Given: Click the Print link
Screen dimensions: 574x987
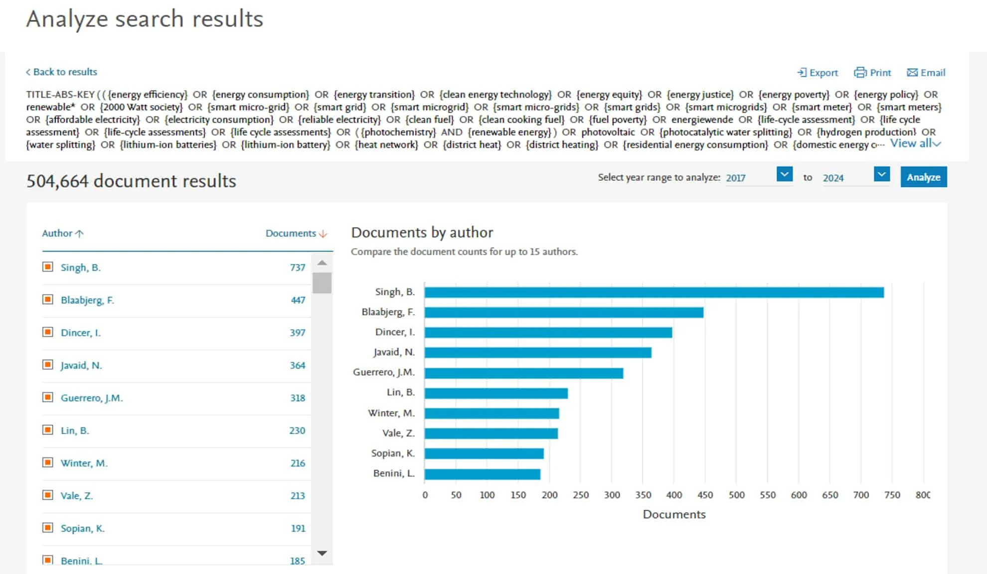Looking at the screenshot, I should click(x=873, y=73).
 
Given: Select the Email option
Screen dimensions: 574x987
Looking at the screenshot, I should click(x=926, y=73).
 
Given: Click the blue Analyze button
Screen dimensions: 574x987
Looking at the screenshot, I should click(x=923, y=177).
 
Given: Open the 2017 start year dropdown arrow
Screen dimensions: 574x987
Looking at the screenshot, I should click(x=784, y=174).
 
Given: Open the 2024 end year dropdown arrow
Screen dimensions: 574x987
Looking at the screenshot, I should click(x=881, y=174).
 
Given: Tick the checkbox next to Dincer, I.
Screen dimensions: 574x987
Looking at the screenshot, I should click(x=48, y=332).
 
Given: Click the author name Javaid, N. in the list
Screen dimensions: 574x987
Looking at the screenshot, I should click(x=81, y=365).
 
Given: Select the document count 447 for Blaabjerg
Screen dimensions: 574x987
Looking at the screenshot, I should click(x=298, y=300).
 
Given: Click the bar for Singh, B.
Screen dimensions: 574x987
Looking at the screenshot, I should click(x=654, y=292).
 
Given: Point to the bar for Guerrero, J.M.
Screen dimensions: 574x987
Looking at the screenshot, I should click(x=523, y=373).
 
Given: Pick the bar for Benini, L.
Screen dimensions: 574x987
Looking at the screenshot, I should click(x=482, y=474).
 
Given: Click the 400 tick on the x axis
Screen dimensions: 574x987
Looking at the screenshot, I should click(x=674, y=495).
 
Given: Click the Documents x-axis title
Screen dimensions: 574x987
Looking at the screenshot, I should click(x=674, y=514).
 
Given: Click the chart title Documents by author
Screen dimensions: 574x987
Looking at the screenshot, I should click(x=422, y=232).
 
